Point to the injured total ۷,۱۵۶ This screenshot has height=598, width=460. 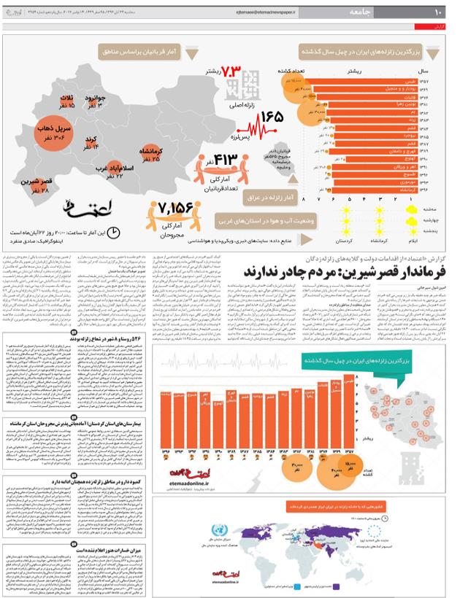(x=176, y=208)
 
